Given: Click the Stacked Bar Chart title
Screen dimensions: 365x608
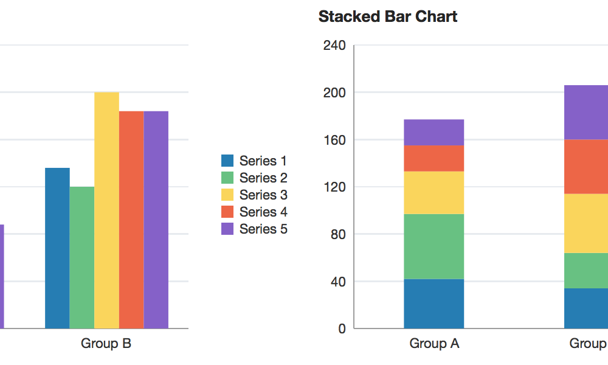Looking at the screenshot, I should tap(387, 16).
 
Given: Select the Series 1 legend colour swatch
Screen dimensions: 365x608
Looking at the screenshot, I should tap(227, 161).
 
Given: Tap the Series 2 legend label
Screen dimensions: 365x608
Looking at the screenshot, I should tap(263, 178).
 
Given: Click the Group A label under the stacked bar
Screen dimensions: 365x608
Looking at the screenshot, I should tap(434, 344).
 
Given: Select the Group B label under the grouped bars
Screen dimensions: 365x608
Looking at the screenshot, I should tap(106, 344).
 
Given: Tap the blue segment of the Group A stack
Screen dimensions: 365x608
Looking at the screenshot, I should tap(434, 304).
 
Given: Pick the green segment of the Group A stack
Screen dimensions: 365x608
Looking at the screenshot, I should tap(434, 246).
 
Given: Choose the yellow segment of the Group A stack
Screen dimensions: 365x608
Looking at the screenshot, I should tap(434, 192).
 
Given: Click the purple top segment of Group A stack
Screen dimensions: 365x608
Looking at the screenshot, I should tap(434, 132).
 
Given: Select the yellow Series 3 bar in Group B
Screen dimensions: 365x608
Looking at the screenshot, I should tap(106, 210).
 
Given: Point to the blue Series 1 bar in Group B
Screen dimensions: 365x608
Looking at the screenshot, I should tap(57, 248).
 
